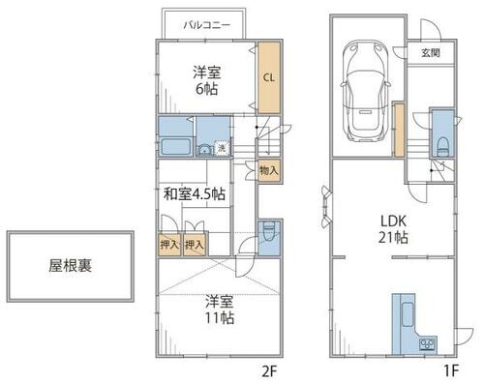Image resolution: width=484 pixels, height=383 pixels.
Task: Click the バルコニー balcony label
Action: tap(207, 25)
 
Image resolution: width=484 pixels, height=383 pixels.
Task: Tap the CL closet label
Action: tap(269, 77)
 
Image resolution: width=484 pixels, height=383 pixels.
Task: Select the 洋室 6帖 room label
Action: tap(207, 80)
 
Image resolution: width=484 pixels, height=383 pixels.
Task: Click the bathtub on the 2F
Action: tap(175, 147)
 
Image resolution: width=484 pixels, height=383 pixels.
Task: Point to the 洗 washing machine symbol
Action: tap(222, 148)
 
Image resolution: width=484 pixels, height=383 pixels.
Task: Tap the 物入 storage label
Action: tap(269, 170)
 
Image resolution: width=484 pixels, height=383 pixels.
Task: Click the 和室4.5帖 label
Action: tap(195, 194)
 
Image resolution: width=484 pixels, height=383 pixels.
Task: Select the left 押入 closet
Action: tap(169, 245)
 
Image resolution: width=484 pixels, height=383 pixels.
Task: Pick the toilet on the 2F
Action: tap(269, 231)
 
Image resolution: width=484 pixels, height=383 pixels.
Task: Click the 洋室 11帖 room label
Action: tap(220, 309)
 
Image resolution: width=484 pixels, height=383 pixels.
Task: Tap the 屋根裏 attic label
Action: tap(71, 266)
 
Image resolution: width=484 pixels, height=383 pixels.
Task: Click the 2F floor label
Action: tap(269, 372)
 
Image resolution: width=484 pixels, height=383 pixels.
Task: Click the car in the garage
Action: tap(366, 91)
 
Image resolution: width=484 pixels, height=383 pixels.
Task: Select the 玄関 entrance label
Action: tap(431, 52)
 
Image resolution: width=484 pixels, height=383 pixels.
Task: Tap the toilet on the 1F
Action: tap(442, 147)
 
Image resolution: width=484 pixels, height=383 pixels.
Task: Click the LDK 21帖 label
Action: tap(393, 229)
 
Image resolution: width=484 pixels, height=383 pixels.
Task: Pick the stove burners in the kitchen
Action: tap(428, 344)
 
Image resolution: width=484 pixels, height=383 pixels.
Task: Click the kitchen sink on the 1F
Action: tap(408, 314)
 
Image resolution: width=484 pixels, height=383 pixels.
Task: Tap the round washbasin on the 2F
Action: tap(204, 150)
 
